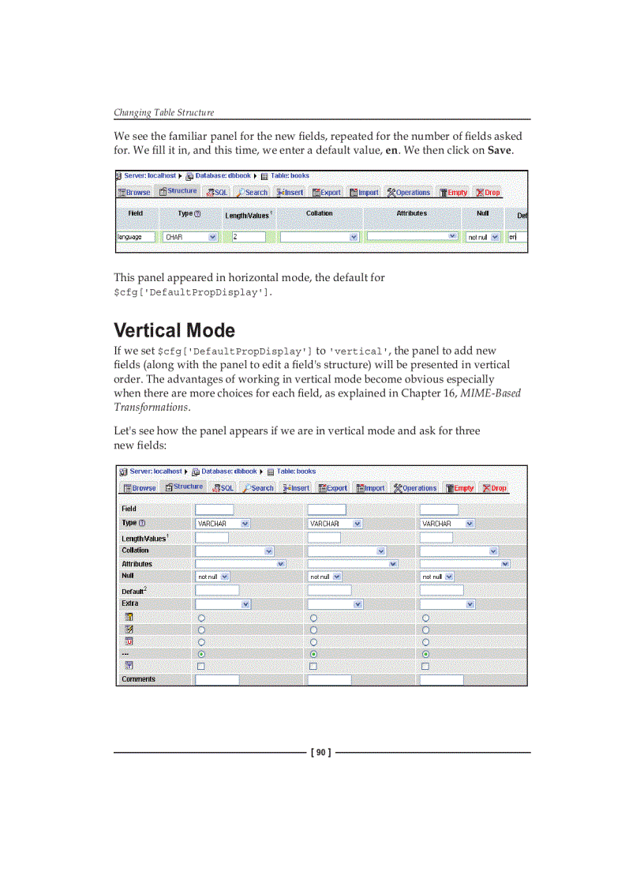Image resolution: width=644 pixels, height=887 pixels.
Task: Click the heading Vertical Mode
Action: tap(174, 330)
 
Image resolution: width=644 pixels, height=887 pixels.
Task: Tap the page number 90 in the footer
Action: tap(322, 753)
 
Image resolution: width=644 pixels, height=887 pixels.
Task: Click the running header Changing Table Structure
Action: tap(163, 112)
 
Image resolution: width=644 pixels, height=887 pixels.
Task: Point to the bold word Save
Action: tap(500, 150)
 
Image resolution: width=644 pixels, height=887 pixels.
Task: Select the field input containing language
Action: tap(136, 237)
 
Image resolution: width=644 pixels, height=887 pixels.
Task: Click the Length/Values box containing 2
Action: tap(249, 237)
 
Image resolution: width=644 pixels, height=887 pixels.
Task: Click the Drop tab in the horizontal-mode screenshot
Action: tap(488, 192)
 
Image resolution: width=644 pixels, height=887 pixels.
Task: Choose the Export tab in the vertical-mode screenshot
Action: tap(333, 488)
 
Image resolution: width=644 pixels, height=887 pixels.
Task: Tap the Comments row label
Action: tap(138, 679)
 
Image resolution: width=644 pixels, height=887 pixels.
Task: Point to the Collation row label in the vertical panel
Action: tap(135, 551)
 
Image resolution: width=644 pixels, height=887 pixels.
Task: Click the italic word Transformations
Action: tap(151, 407)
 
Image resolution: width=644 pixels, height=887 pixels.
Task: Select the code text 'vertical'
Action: tap(359, 351)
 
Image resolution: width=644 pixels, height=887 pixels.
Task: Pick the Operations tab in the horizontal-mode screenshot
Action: tap(409, 192)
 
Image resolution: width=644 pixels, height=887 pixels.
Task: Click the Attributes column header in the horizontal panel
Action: tap(411, 213)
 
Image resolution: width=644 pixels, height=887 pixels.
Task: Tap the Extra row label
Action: tap(129, 603)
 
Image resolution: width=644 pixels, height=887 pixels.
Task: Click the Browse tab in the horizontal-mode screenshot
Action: tap(134, 192)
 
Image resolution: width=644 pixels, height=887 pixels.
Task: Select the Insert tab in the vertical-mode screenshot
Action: tap(296, 488)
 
